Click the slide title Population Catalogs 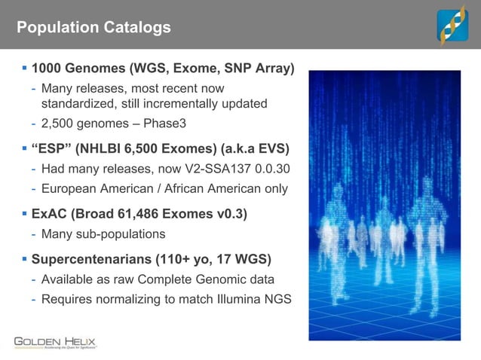click(93, 28)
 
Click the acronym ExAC click(50, 214)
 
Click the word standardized click(78, 103)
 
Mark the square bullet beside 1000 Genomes click(24, 70)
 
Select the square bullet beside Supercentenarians click(24, 260)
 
